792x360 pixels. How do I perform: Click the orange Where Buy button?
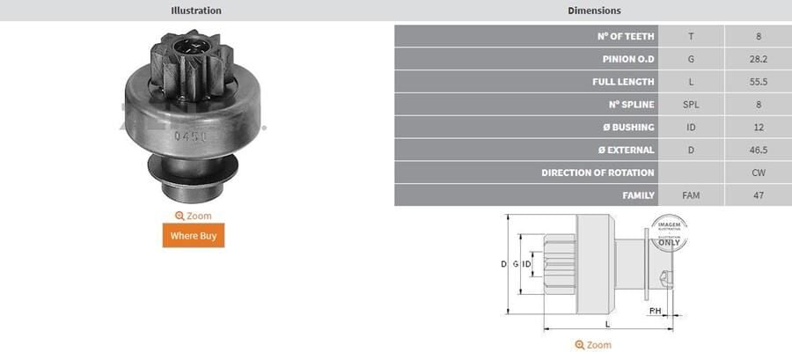(x=193, y=236)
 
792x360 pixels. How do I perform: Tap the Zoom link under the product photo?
(x=193, y=216)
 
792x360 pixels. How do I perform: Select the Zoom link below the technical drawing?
(x=593, y=345)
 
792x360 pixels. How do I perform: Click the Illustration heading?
(x=195, y=11)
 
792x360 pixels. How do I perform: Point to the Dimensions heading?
(x=594, y=11)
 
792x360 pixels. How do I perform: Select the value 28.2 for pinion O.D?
(x=758, y=59)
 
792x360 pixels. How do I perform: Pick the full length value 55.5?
(x=758, y=82)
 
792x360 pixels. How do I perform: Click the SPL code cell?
(x=691, y=105)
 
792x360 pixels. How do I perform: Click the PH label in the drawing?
(x=655, y=312)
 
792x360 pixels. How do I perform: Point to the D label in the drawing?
(x=503, y=264)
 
